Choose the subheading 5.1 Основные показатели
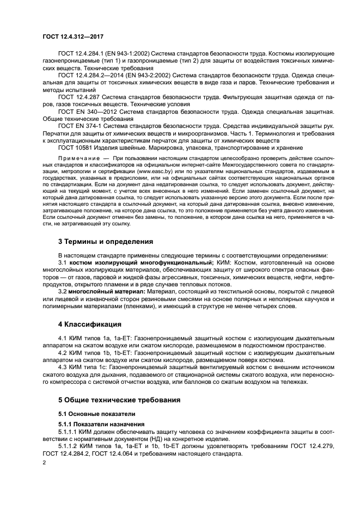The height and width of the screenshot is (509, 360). (93, 414)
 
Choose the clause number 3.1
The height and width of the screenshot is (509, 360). (63, 262)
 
